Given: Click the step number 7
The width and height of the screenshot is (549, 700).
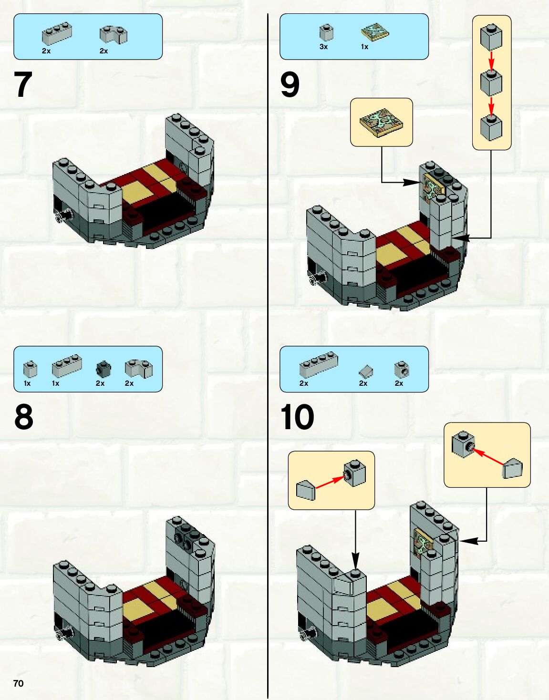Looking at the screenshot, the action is [23, 84].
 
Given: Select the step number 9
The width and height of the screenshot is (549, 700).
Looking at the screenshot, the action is [290, 84].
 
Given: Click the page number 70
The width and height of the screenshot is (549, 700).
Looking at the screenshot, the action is [19, 683].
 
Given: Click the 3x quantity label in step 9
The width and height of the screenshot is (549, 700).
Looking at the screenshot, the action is [323, 47].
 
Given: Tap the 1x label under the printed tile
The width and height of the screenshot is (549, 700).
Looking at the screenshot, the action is [364, 47].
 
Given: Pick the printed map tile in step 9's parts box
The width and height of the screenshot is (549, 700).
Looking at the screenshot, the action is [375, 33].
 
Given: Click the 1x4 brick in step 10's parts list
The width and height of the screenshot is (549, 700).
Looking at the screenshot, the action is [319, 364].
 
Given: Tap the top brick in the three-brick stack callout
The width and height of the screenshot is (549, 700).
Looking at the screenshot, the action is [491, 37].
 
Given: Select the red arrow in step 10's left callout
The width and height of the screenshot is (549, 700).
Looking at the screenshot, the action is [330, 482].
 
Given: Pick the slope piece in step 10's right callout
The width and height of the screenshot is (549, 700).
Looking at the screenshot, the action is [512, 469].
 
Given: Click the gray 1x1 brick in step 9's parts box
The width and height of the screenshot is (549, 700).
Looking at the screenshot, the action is [326, 32].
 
